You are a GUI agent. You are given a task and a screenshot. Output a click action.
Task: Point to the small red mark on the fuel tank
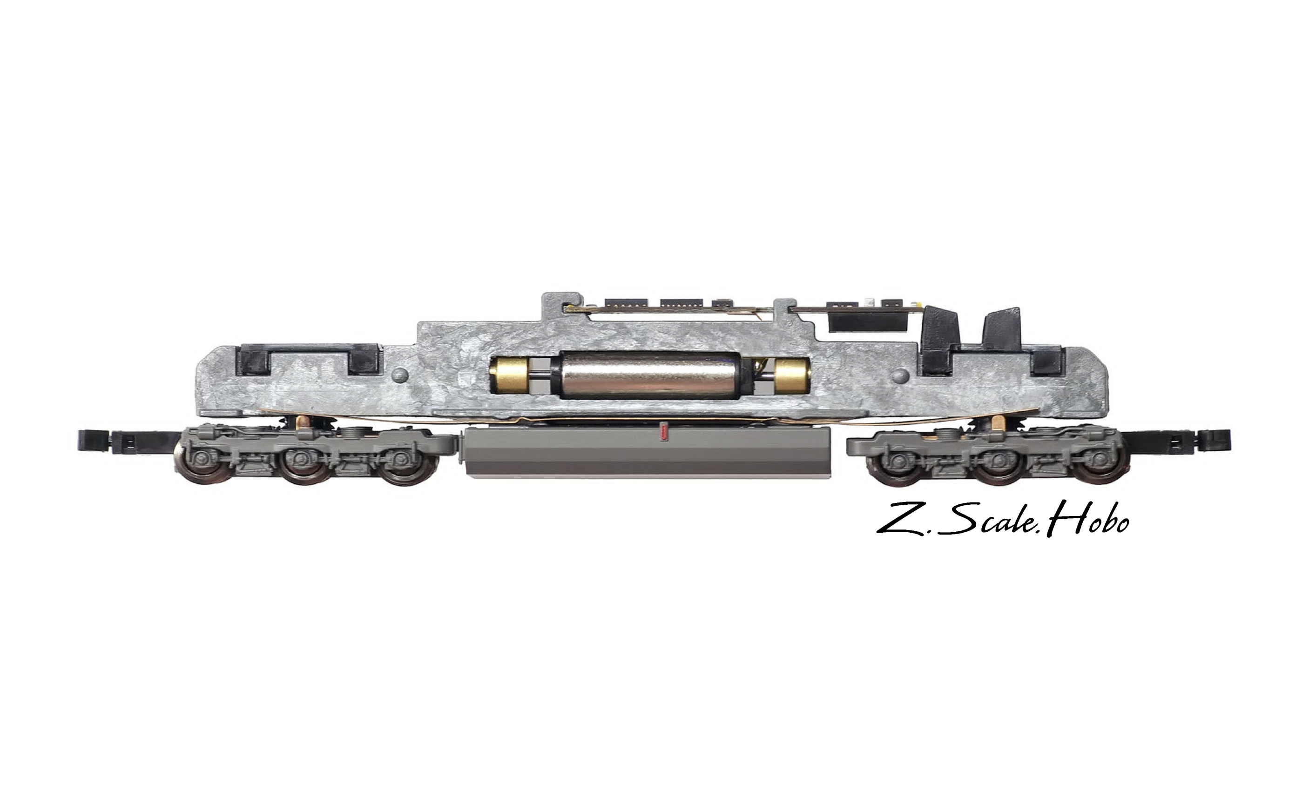coord(662,431)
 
